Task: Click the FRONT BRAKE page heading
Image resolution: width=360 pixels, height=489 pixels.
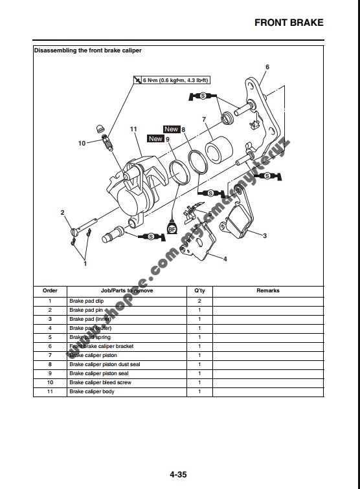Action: pyautogui.click(x=288, y=23)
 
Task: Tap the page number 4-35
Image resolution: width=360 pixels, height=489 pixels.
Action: pyautogui.click(x=179, y=475)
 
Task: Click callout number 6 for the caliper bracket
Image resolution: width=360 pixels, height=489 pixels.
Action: pyautogui.click(x=267, y=67)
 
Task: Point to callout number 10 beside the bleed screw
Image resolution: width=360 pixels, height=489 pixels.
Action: pyautogui.click(x=82, y=143)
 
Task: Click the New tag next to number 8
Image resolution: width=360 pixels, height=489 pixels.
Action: pyautogui.click(x=171, y=129)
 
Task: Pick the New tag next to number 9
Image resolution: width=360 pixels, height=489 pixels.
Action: pyautogui.click(x=155, y=138)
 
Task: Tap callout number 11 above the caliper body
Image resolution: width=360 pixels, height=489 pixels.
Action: pyautogui.click(x=133, y=129)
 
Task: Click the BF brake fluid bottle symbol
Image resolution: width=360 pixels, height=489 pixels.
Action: pyautogui.click(x=172, y=228)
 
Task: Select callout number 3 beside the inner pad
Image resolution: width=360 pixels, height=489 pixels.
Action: pyautogui.click(x=265, y=236)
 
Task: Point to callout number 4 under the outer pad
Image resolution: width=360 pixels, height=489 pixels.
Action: pyautogui.click(x=225, y=259)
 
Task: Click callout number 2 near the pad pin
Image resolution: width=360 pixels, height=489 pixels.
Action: pyautogui.click(x=63, y=212)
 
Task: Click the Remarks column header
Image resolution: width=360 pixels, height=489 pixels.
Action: pyautogui.click(x=268, y=291)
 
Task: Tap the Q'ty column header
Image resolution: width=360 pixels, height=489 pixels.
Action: pyautogui.click(x=199, y=291)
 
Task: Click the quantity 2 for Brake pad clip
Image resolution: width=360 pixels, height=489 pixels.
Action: pyautogui.click(x=199, y=301)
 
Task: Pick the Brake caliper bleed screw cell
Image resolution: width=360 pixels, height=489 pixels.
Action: pyautogui.click(x=100, y=383)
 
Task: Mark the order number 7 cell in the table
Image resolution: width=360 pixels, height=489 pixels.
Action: pyautogui.click(x=50, y=356)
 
